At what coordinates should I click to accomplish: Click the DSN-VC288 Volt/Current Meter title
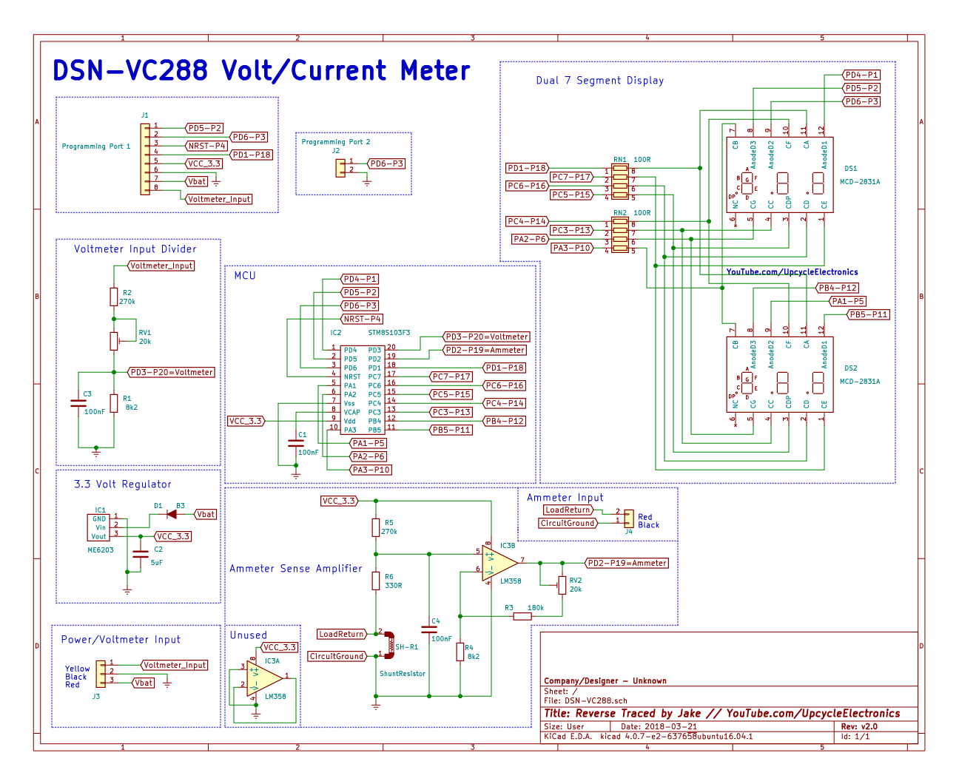(261, 71)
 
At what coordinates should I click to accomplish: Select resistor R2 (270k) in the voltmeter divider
(114, 297)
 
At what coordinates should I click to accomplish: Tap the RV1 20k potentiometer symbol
(114, 340)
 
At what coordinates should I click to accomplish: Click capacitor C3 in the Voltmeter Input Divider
(78, 403)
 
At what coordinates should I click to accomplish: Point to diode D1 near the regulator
(172, 514)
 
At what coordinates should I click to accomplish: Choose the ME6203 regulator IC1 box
(98, 527)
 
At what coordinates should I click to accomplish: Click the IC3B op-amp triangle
(499, 562)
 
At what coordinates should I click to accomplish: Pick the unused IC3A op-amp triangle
(265, 677)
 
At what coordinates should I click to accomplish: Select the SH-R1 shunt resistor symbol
(388, 645)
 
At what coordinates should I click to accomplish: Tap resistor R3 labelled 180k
(522, 615)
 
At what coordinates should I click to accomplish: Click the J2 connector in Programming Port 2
(340, 168)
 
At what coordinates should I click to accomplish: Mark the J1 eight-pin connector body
(145, 159)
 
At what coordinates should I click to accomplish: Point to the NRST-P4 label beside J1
(206, 146)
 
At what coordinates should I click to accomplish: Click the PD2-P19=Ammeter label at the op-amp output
(627, 563)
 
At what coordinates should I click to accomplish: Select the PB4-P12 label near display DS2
(838, 288)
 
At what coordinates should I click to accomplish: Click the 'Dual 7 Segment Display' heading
(599, 81)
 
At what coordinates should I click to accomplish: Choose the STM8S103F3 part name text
(388, 333)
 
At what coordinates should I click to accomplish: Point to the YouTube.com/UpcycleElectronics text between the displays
(792, 272)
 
